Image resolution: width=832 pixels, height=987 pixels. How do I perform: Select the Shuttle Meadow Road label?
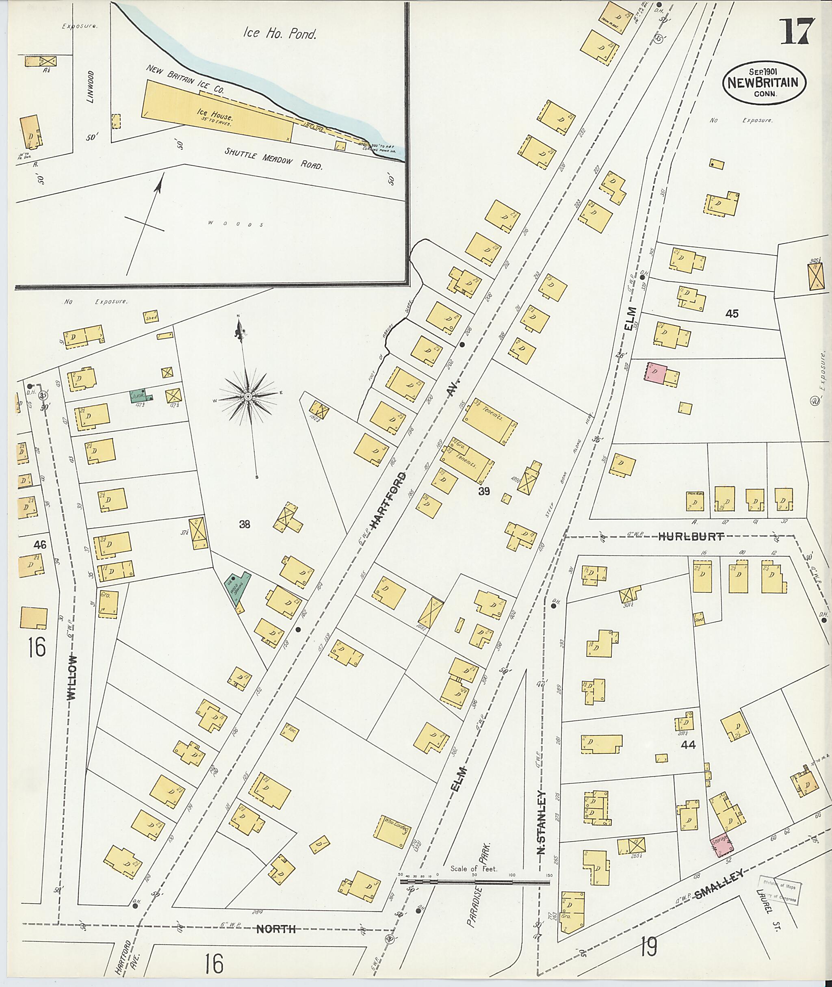tap(273, 159)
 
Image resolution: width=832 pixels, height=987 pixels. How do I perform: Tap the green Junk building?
tap(141, 395)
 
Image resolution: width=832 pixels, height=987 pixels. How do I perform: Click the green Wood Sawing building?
tap(237, 588)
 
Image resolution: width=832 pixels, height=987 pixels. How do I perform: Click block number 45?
tap(732, 313)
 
